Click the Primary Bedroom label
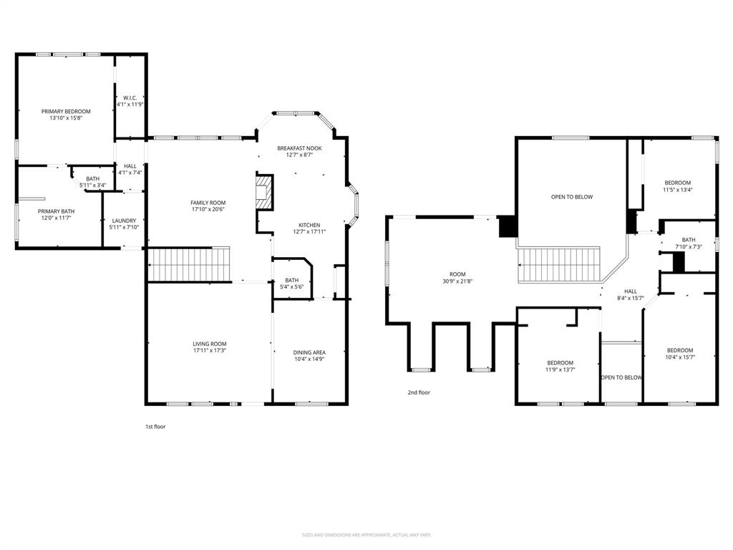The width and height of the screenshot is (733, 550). coord(66,112)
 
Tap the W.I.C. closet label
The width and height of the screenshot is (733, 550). coord(130,98)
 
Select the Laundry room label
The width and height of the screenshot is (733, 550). coord(124,221)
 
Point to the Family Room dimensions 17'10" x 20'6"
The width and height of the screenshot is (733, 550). coord(208,209)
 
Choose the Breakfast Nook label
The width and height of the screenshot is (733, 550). coord(299,148)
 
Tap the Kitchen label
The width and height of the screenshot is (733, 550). coord(309,225)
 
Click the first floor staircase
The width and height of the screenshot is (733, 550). coord(190,264)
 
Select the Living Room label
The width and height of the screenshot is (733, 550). coord(209,344)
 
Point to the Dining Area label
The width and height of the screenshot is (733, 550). coord(309,352)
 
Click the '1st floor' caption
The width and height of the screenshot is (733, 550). coord(155,426)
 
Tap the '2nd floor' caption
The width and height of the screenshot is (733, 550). coord(419,392)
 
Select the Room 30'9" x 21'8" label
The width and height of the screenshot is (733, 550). coord(457,274)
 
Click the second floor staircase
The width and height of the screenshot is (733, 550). coord(558,264)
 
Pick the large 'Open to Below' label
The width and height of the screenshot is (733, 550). coord(571,197)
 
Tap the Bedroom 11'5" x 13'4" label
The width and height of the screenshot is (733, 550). coord(677,183)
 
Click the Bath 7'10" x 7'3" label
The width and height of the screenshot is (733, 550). coord(688,240)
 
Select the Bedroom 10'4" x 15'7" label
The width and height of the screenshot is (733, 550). coord(679,350)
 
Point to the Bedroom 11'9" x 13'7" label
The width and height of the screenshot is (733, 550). coord(560,363)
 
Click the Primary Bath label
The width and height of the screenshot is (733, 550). coord(56,211)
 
